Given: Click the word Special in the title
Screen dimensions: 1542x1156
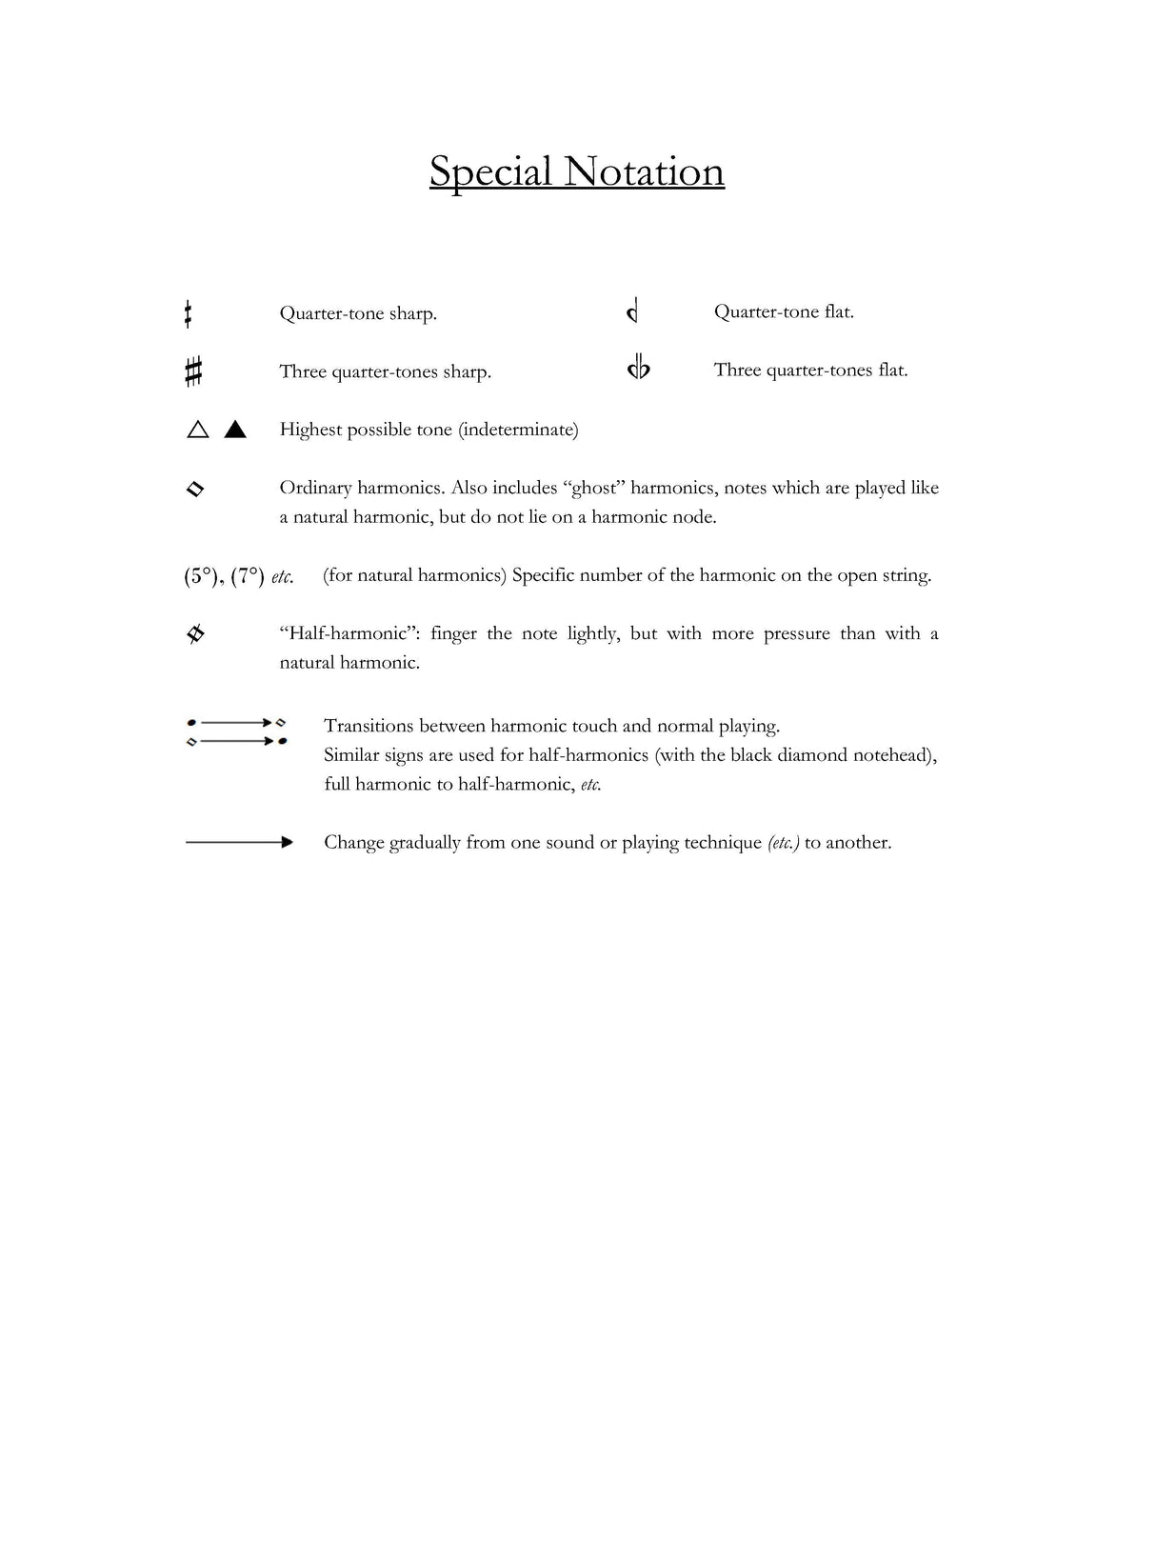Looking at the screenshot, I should (490, 172).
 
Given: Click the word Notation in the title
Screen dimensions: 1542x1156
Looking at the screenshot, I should (644, 172).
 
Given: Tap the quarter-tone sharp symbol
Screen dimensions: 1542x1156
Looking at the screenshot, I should (189, 313).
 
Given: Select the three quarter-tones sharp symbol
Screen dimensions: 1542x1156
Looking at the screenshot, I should (193, 370).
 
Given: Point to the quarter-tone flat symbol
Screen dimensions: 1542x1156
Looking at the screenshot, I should (632, 310).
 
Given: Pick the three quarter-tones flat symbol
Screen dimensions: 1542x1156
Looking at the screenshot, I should (638, 368).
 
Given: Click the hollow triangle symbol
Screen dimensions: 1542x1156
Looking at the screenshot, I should (198, 430).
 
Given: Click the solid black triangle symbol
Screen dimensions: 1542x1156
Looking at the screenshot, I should (235, 430).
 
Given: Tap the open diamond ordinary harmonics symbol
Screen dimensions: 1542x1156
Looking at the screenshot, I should (195, 489).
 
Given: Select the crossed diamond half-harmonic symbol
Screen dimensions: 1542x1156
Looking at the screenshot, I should (195, 633).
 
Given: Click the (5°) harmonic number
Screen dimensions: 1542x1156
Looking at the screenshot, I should (200, 576).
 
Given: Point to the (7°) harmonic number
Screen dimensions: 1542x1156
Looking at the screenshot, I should (248, 576).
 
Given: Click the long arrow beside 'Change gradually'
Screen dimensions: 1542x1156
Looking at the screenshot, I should (239, 842).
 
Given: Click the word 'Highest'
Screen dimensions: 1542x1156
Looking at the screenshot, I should (310, 430).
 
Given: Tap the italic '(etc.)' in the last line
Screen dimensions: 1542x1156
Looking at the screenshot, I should (783, 842).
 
